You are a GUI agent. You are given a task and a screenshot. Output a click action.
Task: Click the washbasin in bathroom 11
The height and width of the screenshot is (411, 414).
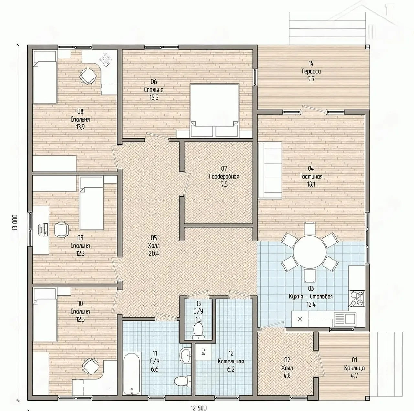pyautogui.click(x=186, y=356)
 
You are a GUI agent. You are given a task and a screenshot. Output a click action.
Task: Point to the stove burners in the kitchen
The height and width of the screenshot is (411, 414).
pyautogui.click(x=356, y=298)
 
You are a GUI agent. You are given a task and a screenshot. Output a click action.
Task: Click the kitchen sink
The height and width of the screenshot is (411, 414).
pyautogui.click(x=344, y=319)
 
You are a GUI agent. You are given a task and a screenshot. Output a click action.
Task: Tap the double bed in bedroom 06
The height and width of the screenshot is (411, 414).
pyautogui.click(x=214, y=111)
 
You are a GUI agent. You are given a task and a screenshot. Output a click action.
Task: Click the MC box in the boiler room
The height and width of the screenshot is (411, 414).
pyautogui.click(x=203, y=352)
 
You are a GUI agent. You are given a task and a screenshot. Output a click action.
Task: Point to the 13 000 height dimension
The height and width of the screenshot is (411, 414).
pyautogui.click(x=15, y=222)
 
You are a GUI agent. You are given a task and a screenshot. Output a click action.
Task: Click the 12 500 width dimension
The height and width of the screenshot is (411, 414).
pyautogui.click(x=199, y=407)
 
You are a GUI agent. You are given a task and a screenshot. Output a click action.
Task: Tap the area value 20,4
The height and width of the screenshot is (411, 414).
pyautogui.click(x=154, y=254)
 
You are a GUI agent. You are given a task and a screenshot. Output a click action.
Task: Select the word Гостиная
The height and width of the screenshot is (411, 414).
pyautogui.click(x=311, y=176)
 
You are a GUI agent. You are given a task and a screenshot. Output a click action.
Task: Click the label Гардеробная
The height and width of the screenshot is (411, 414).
pyautogui.click(x=224, y=177)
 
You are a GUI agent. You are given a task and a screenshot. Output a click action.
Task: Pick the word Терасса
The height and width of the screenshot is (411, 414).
pyautogui.click(x=311, y=71)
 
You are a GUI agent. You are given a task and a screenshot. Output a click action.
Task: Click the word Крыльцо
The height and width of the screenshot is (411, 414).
pyautogui.click(x=354, y=368)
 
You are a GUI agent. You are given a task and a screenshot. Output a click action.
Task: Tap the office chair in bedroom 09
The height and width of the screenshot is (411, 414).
pyautogui.click(x=61, y=230)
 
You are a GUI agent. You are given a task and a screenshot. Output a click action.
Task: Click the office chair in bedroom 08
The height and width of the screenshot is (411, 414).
pyautogui.click(x=88, y=75)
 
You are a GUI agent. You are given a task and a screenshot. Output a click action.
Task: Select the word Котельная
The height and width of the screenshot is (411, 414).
pyautogui.click(x=231, y=361)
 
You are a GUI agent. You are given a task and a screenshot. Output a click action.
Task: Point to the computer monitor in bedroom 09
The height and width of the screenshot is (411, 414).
pyautogui.click(x=45, y=229)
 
